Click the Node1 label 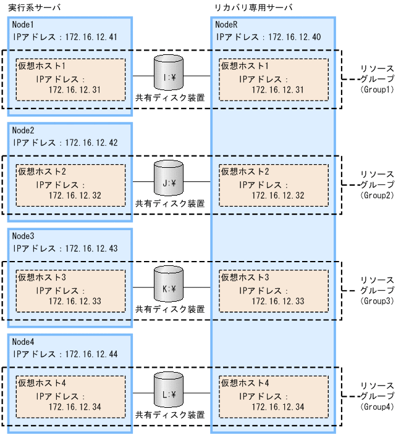24,25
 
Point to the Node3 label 24,236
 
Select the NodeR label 227,25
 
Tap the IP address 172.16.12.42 92,143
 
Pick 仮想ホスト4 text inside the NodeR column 244,383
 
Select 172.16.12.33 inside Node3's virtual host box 75,301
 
